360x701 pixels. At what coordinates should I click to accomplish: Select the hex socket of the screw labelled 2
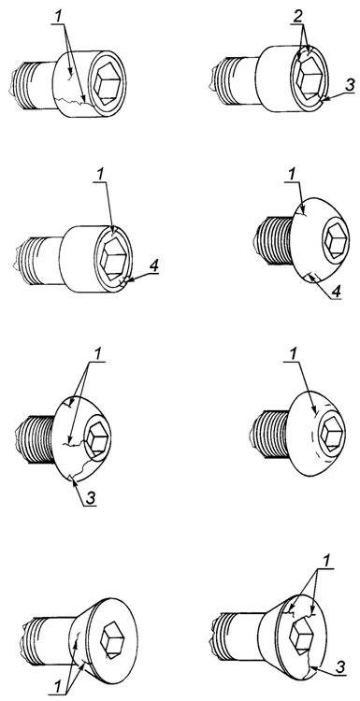[309, 78]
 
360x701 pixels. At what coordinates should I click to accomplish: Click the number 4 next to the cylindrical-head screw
[153, 266]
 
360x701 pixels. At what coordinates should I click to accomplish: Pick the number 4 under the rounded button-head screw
[336, 292]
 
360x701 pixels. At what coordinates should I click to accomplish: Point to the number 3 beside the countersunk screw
[340, 666]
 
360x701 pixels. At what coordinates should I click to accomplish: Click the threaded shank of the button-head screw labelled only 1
[268, 434]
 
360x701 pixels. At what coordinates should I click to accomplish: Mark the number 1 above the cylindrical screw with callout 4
[100, 175]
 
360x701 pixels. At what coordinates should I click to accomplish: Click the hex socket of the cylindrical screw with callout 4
[113, 257]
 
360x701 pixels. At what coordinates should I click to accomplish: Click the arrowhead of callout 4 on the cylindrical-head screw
[125, 281]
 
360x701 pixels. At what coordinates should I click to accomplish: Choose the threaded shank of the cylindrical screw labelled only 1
[35, 85]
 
